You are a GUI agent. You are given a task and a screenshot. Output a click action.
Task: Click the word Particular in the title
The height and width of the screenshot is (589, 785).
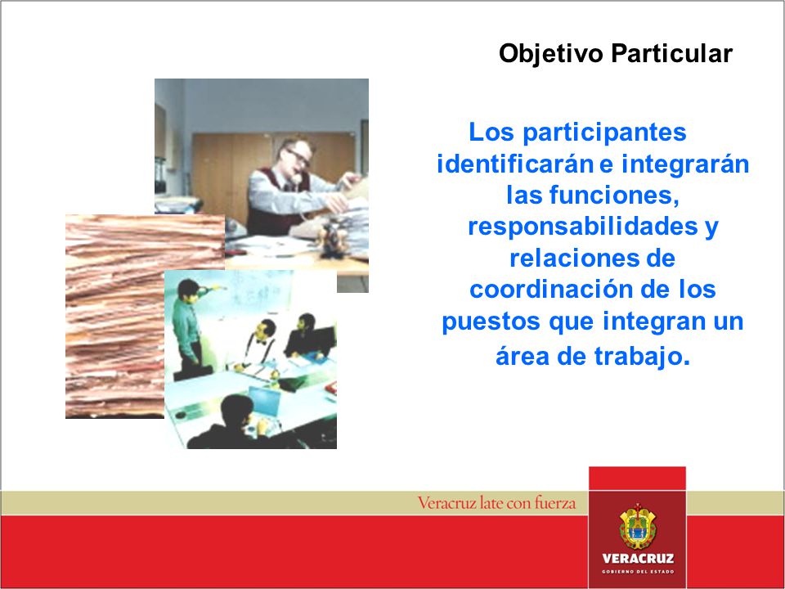671,53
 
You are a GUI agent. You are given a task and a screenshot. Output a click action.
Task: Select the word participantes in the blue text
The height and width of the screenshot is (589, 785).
604,133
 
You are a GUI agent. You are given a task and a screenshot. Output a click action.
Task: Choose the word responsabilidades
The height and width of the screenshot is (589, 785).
583,227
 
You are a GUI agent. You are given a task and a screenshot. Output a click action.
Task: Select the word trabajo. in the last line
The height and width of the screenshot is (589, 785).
643,356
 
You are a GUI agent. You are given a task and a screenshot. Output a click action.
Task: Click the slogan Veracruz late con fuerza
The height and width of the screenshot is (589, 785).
496,502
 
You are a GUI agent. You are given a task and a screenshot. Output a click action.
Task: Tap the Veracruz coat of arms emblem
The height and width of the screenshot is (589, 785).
637,526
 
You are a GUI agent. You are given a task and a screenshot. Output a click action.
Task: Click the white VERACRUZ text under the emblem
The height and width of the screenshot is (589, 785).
638,558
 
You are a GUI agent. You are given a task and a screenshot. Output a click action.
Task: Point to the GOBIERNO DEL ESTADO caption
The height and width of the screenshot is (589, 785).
638,572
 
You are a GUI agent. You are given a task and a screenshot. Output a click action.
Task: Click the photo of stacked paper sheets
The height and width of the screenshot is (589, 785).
115,317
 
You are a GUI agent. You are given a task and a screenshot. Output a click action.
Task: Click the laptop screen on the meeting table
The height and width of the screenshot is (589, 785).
264,401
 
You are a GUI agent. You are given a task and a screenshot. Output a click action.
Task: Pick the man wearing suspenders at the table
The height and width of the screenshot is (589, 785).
259,345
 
